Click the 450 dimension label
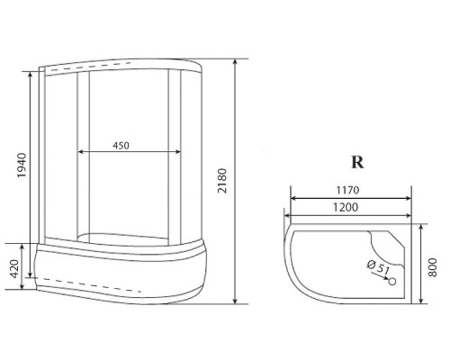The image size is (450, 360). (x=121, y=146)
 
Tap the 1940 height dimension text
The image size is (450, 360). (x=22, y=166)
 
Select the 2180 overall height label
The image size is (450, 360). (x=222, y=181)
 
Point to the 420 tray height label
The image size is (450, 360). (x=14, y=269)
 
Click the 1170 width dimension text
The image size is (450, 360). (x=347, y=190)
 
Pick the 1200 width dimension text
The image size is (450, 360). (x=346, y=207)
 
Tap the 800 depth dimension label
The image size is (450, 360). (x=432, y=267)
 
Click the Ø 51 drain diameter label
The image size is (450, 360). (x=378, y=267)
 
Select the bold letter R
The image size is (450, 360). (x=357, y=162)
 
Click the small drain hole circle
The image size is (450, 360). (x=392, y=282)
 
